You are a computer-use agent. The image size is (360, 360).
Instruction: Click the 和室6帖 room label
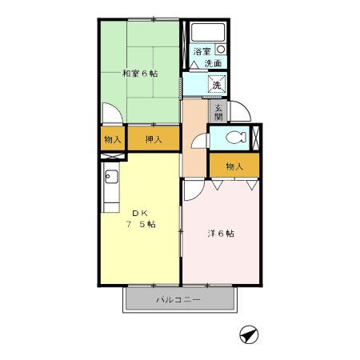[139, 73]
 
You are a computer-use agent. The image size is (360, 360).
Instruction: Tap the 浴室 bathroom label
[201, 52]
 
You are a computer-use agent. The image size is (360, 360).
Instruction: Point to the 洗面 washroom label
[212, 63]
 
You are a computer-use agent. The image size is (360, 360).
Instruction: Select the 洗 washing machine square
[216, 84]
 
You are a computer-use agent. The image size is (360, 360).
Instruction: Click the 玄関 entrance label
[218, 111]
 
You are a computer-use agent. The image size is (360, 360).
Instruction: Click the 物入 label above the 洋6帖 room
[234, 166]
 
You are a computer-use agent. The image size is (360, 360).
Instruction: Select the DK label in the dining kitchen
[140, 212]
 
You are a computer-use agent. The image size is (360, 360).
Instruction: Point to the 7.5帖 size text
[140, 224]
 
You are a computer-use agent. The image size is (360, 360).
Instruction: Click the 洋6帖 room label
[221, 234]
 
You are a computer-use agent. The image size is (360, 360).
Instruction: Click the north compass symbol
[249, 336]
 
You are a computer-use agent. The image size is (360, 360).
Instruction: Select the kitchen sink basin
[110, 178]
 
